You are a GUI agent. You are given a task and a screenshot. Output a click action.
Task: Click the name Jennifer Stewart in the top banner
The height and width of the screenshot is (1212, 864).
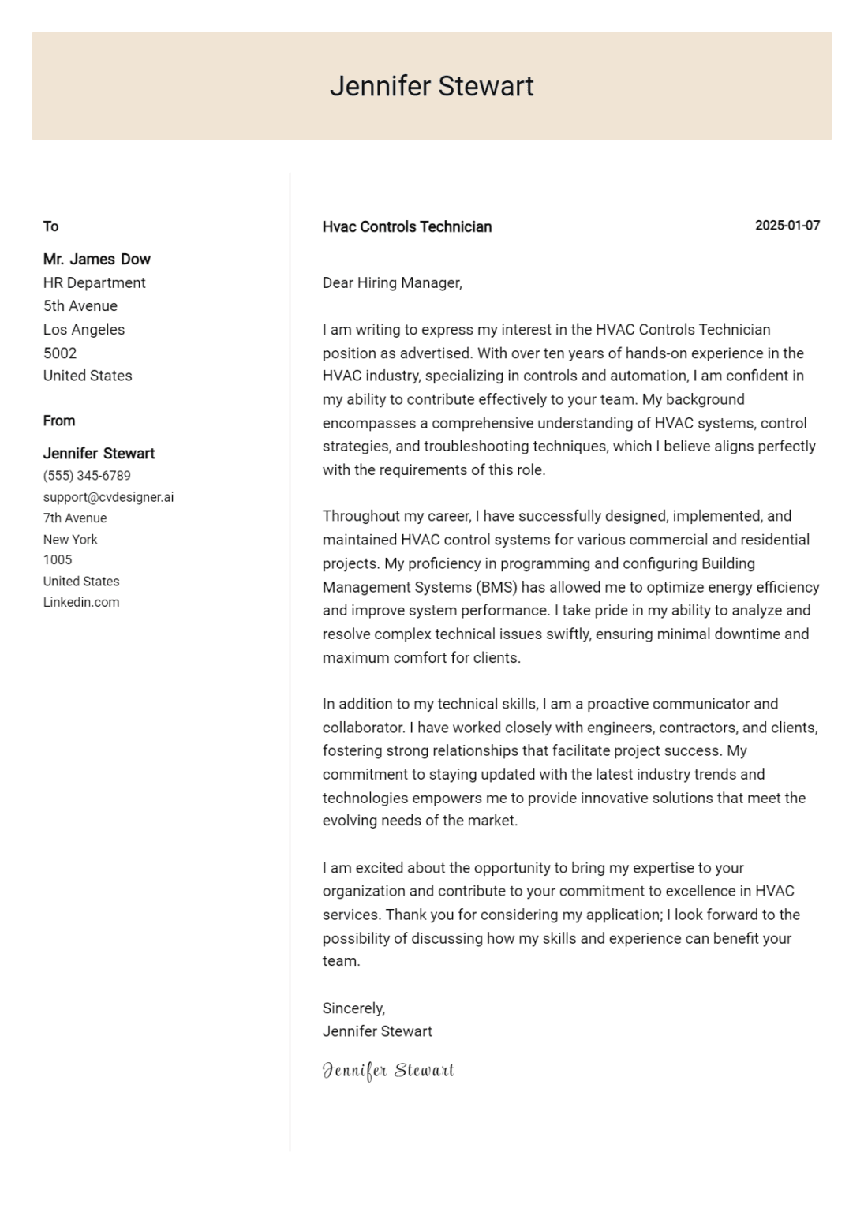coord(431,86)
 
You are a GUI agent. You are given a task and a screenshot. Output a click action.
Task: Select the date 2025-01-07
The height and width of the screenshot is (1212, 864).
coord(787,226)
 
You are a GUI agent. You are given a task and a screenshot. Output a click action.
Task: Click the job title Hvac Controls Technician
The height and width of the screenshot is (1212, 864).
coord(406,227)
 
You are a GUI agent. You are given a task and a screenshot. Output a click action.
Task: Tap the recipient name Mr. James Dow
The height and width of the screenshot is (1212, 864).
coord(96,260)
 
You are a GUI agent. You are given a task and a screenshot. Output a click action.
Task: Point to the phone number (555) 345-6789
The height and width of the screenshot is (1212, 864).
coord(87,476)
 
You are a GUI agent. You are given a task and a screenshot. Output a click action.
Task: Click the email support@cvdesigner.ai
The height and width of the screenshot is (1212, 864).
coord(108,497)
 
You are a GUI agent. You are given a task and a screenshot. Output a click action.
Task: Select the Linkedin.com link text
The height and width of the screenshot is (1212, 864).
coord(81,602)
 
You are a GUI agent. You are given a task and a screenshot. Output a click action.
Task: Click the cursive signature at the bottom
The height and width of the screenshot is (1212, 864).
coord(387,1071)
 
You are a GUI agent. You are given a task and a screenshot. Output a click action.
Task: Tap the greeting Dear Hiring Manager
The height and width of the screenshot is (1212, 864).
coord(391,283)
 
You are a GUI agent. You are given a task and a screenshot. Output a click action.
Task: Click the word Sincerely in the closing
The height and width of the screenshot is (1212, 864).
coord(353,1008)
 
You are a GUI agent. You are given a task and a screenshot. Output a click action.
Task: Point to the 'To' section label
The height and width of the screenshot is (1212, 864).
coord(50,227)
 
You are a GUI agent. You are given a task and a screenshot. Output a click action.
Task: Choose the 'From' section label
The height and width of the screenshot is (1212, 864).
coord(59,421)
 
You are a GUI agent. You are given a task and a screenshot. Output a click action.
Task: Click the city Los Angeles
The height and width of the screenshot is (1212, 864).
coord(84,330)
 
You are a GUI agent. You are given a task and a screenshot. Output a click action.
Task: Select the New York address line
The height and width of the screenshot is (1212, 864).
coord(70,540)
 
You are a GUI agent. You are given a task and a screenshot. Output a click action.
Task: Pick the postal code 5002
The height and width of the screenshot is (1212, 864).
coord(60,353)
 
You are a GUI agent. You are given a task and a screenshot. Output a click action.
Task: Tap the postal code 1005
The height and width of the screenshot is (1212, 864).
coord(58,560)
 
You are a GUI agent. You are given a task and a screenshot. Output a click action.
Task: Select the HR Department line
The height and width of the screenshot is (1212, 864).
coord(94,283)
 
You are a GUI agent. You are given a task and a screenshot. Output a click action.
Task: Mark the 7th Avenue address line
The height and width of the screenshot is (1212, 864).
coord(75,518)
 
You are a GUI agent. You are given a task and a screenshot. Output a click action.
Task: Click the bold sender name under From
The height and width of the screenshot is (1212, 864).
coord(99,454)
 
